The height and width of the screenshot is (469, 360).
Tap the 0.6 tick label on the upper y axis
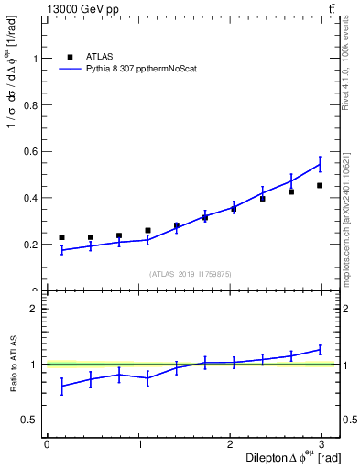click(30, 151)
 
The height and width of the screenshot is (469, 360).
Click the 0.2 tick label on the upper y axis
click(30, 245)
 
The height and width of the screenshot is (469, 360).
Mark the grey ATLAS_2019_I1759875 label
click(191, 274)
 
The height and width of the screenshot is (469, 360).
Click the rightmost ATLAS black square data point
click(320, 186)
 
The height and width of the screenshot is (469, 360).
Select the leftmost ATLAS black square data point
click(61, 237)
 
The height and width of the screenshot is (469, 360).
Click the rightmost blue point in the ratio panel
click(320, 349)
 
